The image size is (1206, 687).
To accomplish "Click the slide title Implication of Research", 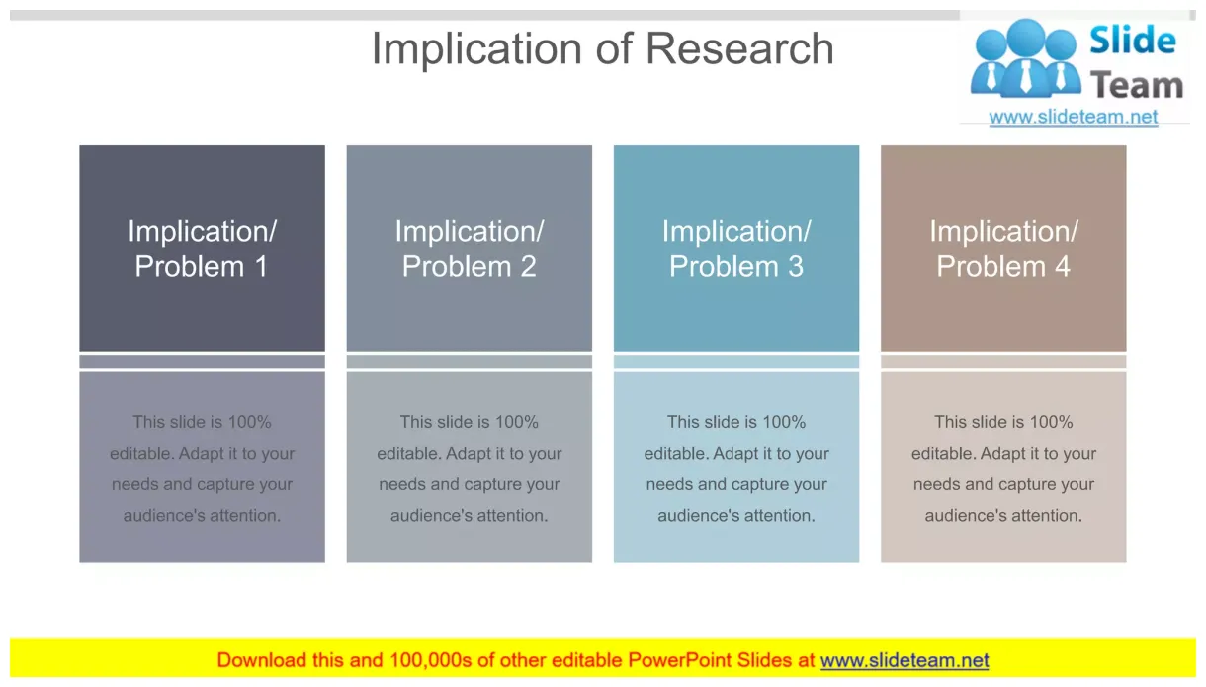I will [602, 48].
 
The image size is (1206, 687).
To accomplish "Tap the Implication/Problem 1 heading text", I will [202, 248].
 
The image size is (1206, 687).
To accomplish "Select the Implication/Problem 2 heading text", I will [469, 248].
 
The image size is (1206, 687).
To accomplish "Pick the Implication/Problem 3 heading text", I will [735, 248].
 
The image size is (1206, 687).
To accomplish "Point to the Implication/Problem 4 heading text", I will [1002, 248].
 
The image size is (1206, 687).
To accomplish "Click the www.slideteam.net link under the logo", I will [1073, 117].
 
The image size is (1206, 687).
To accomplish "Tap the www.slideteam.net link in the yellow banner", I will [904, 660].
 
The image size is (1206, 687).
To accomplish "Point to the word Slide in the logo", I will [1132, 42].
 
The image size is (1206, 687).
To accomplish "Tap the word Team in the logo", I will [1137, 86].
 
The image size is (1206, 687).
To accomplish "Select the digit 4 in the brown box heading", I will [1062, 266].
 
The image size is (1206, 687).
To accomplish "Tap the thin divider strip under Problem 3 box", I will [735, 362].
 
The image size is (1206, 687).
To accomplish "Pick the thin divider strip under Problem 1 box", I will [202, 362].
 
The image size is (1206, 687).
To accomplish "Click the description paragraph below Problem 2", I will [469, 469].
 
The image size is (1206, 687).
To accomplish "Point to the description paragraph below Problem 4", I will [1002, 469].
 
